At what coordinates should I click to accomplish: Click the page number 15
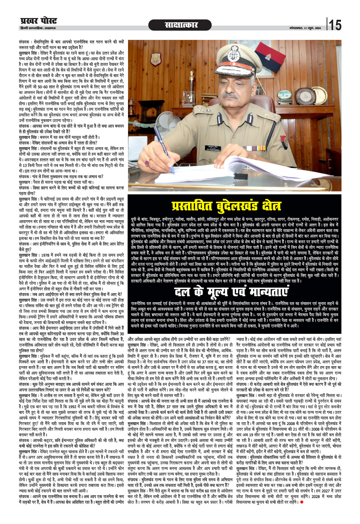(335, 25)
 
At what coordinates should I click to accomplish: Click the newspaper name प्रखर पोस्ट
(38, 21)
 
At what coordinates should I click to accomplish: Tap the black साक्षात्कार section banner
(181, 25)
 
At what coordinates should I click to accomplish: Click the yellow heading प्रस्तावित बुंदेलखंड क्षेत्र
(226, 206)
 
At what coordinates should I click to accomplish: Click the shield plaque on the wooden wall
(155, 59)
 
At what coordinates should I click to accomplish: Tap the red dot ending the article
(301, 502)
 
